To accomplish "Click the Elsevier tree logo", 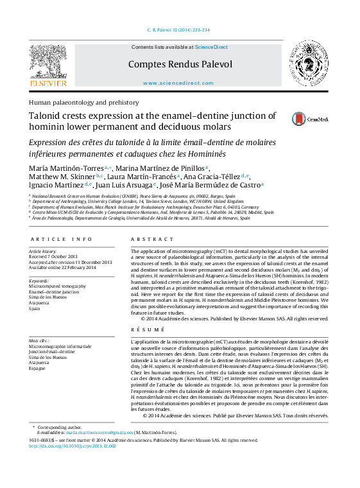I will tap(49, 64).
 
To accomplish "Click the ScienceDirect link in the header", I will tap(211, 47).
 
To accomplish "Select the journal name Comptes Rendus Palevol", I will tap(180, 64).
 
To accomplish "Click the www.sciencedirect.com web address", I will tap(178, 83).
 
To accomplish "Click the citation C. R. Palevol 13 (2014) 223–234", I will tap(178, 30).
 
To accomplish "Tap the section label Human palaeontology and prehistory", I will tap(83, 102).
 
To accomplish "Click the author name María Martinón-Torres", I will tap(67, 168).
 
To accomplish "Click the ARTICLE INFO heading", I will tap(57, 239).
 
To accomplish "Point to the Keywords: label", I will tap(39, 281).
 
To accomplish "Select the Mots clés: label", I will tap(39, 340).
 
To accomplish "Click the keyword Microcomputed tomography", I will tap(57, 286).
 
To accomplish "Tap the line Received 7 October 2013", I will tap(58, 256).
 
